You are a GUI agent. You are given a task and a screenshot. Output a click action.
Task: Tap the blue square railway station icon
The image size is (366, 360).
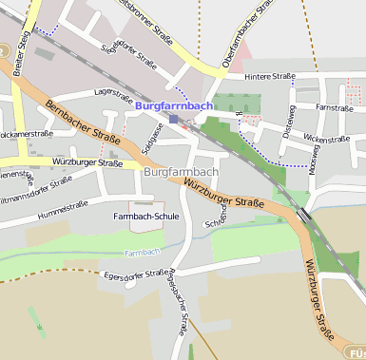(199, 121)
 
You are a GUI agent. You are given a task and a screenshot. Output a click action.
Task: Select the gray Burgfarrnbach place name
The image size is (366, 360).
(181, 172)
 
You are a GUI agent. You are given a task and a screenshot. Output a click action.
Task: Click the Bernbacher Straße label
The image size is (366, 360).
(82, 123)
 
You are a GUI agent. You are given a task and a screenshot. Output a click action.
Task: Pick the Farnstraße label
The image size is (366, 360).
(335, 108)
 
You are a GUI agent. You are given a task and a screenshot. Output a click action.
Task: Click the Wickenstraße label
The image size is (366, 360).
(326, 139)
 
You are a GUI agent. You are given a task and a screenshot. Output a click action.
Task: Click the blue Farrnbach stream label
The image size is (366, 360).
(142, 253)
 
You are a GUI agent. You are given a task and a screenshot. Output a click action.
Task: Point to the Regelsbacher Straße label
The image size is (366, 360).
(174, 306)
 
